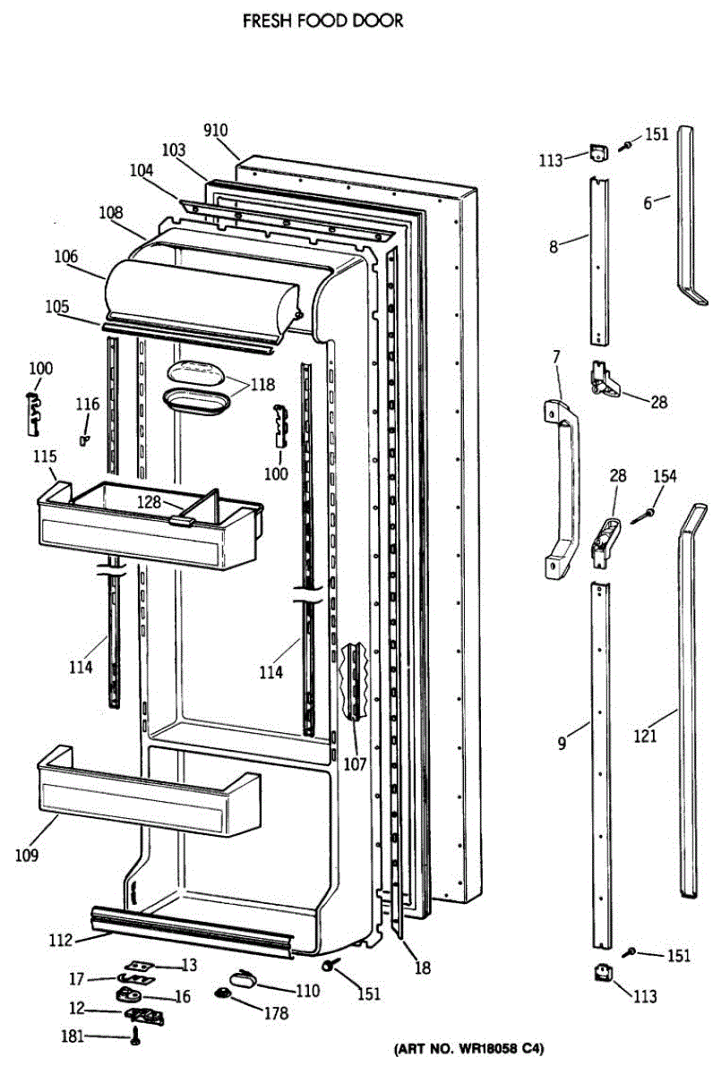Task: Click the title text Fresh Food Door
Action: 323,21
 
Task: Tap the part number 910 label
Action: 215,131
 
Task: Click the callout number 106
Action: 66,256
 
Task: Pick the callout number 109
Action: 27,856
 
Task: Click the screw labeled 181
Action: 135,1038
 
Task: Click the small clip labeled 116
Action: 85,439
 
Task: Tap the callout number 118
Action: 263,386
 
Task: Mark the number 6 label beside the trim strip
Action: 648,202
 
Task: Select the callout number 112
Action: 59,940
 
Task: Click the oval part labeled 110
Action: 243,977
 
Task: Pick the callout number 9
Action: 562,742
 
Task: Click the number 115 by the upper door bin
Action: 45,456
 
